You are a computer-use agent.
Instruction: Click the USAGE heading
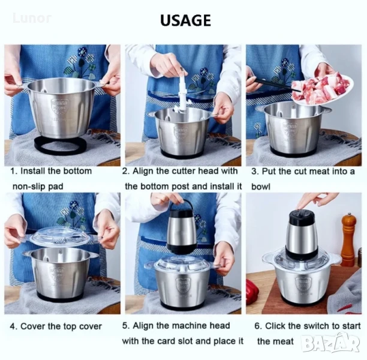coord(185,20)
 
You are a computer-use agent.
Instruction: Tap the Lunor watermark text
coord(32,18)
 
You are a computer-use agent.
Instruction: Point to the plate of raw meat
coord(323,89)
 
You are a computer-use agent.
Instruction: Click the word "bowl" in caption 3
coord(261,187)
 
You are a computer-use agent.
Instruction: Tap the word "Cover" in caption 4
coord(33,326)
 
